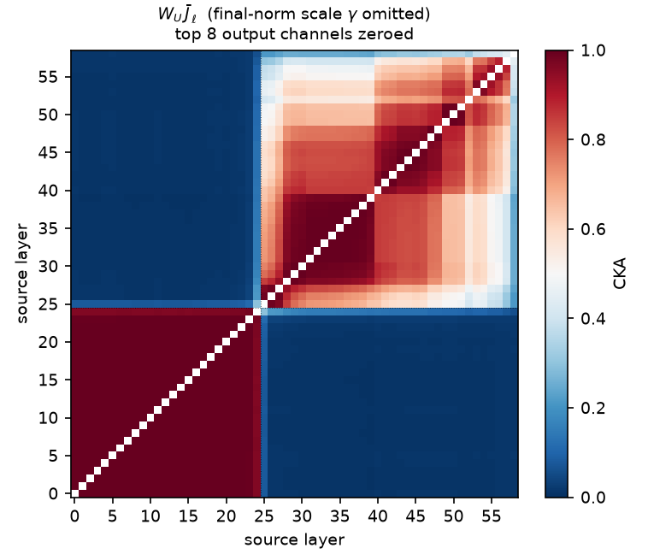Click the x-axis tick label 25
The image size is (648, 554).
pyautogui.click(x=264, y=516)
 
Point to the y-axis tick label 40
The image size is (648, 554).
pyautogui.click(x=48, y=191)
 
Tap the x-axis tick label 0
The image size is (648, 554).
pyautogui.click(x=74, y=516)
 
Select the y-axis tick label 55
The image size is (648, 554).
pyautogui.click(x=48, y=77)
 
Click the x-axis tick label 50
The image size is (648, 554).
pyautogui.click(x=454, y=516)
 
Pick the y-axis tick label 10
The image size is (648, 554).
pyautogui.click(x=48, y=418)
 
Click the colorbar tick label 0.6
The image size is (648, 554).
pyautogui.click(x=593, y=229)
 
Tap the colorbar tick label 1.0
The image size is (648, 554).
pyautogui.click(x=593, y=50)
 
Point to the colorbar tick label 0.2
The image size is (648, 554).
pyautogui.click(x=593, y=408)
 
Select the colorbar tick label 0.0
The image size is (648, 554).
pyautogui.click(x=593, y=498)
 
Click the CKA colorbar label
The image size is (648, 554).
pyautogui.click(x=620, y=274)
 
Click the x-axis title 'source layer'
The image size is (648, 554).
pyautogui.click(x=294, y=540)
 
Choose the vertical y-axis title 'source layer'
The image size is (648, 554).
pyautogui.click(x=22, y=274)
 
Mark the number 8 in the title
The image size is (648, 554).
pyautogui.click(x=211, y=34)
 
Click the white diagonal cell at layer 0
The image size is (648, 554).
pyautogui.click(x=74, y=493)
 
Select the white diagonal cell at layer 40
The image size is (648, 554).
pyautogui.click(x=378, y=191)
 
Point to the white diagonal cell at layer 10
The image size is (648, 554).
pyautogui.click(x=150, y=417)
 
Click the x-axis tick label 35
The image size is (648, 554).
pyautogui.click(x=339, y=516)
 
